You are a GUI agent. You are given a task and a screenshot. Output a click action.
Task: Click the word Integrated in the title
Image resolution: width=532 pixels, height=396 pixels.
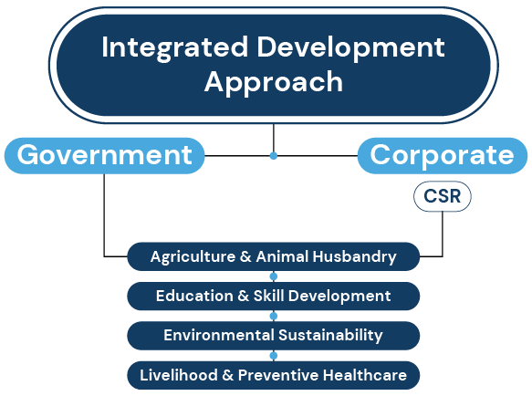pyautogui.click(x=174, y=48)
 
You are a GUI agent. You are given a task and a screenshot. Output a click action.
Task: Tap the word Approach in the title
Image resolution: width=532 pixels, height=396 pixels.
pyautogui.click(x=274, y=82)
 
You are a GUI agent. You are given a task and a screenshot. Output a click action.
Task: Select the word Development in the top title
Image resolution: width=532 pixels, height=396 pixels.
pyautogui.click(x=350, y=48)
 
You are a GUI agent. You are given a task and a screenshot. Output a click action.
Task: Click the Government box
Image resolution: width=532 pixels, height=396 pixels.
pyautogui.click(x=105, y=156)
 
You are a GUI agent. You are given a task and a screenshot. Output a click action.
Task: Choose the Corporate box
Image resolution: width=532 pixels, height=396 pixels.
pyautogui.click(x=443, y=156)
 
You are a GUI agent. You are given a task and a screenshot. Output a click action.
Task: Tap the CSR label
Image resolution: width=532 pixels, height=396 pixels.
pyautogui.click(x=443, y=196)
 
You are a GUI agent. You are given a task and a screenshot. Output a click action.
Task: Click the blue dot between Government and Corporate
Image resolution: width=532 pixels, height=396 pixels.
pyautogui.click(x=274, y=156)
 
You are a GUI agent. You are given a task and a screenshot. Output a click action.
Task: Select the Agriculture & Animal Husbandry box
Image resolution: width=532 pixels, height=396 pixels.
pyautogui.click(x=274, y=256)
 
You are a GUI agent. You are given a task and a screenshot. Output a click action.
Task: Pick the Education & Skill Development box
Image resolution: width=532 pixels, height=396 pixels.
pyautogui.click(x=274, y=296)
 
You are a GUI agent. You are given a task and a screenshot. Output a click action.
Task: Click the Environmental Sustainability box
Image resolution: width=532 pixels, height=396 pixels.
pyautogui.click(x=274, y=336)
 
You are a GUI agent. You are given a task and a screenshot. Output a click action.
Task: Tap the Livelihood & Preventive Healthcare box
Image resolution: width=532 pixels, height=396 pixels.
pyautogui.click(x=274, y=375)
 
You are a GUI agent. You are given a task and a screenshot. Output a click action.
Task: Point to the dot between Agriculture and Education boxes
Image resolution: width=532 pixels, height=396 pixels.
pyautogui.click(x=274, y=276)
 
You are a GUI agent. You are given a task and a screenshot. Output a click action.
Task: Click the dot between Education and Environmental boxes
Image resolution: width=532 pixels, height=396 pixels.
pyautogui.click(x=274, y=316)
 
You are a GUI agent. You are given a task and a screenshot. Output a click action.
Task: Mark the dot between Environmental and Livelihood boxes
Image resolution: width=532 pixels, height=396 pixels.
pyautogui.click(x=274, y=356)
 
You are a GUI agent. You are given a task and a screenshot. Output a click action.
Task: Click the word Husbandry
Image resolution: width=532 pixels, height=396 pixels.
pyautogui.click(x=354, y=257)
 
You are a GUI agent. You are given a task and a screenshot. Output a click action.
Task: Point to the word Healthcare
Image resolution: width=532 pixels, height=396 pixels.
pyautogui.click(x=365, y=375)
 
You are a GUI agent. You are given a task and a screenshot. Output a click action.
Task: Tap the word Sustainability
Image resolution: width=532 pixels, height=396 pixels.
pyautogui.click(x=330, y=336)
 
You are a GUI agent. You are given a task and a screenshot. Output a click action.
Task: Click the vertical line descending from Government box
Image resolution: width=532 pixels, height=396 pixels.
pyautogui.click(x=104, y=215)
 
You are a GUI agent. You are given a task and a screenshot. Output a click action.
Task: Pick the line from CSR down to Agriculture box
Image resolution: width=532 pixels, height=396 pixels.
pyautogui.click(x=443, y=234)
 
